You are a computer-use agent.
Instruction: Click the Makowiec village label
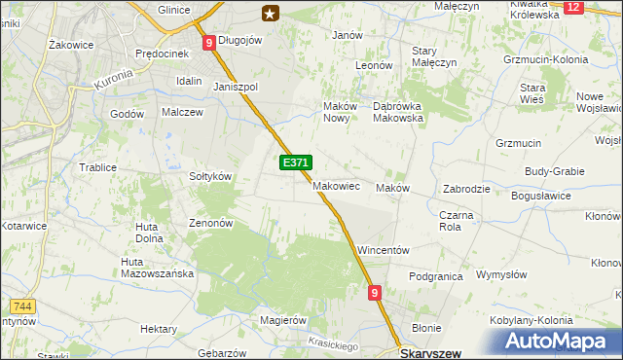coord(337,185)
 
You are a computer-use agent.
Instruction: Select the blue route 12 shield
coord(572,7)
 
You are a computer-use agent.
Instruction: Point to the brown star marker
coord(270,13)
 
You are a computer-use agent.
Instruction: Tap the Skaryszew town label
coord(430,353)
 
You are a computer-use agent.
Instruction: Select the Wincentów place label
coord(383,249)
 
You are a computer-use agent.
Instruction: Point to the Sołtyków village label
coord(209,176)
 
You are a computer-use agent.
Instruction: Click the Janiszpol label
coord(235,86)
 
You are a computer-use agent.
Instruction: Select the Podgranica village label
coord(435,276)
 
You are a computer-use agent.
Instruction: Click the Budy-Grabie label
coord(554,171)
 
